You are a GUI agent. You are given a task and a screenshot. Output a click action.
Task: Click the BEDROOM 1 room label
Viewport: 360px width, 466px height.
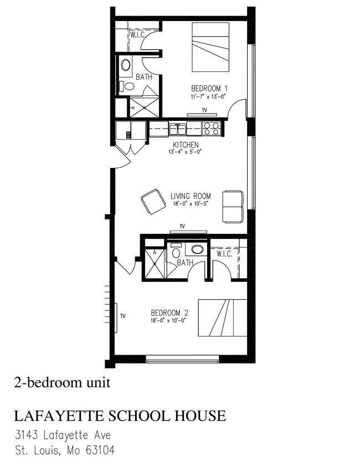tap(209, 88)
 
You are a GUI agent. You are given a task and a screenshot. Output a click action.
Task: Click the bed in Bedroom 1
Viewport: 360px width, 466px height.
tap(210, 47)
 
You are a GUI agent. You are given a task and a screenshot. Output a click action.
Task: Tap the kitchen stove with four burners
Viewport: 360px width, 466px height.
tap(211, 129)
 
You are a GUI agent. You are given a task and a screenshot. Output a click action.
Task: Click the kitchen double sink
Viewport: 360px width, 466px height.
tap(178, 130)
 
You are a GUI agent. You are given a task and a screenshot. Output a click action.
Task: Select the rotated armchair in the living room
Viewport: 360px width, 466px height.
tap(153, 202)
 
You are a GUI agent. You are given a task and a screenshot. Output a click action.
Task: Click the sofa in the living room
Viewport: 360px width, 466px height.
tap(233, 206)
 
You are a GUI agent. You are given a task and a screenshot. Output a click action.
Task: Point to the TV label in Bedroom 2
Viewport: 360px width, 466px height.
tap(123, 316)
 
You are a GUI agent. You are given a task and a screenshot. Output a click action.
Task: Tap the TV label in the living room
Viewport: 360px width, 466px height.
tap(181, 226)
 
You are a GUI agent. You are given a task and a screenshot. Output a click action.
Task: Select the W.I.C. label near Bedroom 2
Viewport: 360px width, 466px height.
tap(224, 254)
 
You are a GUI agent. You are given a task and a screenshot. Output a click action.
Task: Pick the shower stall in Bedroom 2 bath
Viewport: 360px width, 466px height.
tap(155, 265)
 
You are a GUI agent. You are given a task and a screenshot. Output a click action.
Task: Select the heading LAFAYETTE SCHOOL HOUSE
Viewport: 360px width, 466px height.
tap(119, 416)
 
